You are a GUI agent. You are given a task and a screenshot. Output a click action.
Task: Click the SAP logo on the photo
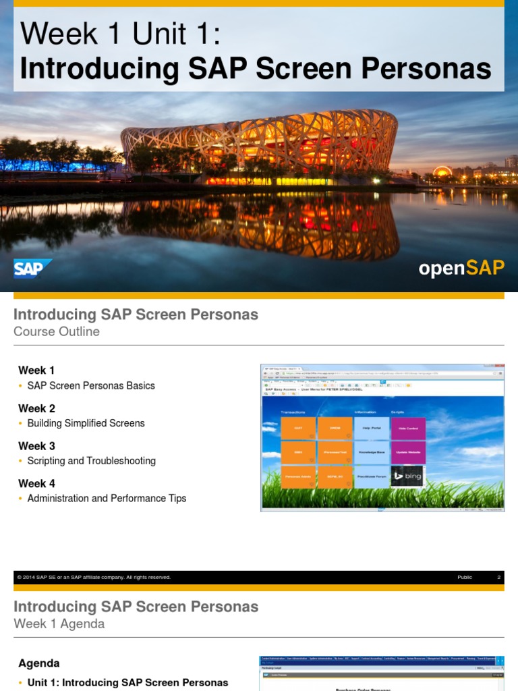click(32, 269)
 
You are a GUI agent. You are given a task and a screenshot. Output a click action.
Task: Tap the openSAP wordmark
click(461, 268)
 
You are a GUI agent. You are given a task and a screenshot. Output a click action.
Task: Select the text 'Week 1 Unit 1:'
click(120, 34)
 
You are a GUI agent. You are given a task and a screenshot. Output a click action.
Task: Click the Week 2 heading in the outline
click(36, 408)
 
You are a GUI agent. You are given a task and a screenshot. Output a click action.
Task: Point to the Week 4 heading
click(36, 483)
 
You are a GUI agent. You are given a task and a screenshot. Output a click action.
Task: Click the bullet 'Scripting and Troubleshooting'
click(91, 461)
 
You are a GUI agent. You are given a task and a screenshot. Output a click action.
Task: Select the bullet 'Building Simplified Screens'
click(86, 423)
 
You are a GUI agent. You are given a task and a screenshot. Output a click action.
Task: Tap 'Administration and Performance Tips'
click(107, 498)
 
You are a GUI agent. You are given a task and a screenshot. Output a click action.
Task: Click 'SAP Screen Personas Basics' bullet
click(91, 386)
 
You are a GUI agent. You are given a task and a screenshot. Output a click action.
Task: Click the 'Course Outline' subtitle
click(57, 331)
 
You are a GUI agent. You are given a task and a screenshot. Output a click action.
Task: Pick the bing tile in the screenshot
click(407, 476)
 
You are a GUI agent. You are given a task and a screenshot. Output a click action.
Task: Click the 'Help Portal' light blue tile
click(372, 429)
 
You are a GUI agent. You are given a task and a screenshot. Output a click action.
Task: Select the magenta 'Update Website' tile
click(407, 452)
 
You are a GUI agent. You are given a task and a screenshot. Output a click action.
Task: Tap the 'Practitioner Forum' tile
click(372, 476)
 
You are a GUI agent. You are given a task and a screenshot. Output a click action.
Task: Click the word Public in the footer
click(465, 578)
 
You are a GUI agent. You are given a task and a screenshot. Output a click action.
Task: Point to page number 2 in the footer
click(498, 578)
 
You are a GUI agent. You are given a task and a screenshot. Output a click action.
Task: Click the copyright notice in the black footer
click(94, 578)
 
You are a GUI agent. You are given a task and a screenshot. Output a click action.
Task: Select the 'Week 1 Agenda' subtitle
click(59, 624)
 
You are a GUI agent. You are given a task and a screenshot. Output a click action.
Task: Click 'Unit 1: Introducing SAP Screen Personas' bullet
click(127, 683)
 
